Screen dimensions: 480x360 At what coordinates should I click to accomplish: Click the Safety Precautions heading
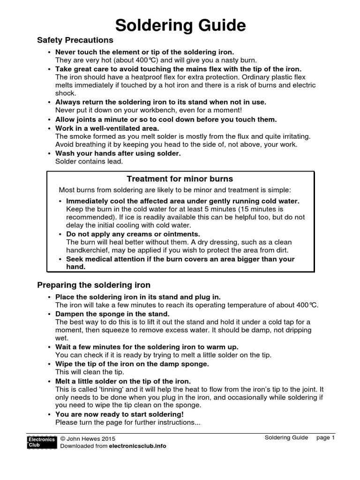pos(75,40)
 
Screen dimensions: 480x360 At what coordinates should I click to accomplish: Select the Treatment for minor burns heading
pos(180,179)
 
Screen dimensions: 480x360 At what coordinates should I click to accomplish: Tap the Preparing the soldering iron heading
pos(94,285)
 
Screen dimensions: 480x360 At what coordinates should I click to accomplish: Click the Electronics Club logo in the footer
pos(42,442)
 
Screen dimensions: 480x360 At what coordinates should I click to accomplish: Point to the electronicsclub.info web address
pos(137,446)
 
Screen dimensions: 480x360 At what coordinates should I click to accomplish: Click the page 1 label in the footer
pos(326,437)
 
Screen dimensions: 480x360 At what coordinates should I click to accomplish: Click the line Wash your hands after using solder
pos(118,153)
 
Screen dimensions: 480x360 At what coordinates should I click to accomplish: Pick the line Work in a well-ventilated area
pos(107,128)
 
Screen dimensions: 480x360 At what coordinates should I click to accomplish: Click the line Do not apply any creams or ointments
pos(133,234)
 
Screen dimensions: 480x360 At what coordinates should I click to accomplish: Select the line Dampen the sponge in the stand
pos(112,314)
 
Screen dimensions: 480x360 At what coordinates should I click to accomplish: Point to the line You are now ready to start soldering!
pos(120,414)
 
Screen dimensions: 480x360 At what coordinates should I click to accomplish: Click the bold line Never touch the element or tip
pos(144,52)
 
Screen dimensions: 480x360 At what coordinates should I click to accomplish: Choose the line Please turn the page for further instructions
pos(127,422)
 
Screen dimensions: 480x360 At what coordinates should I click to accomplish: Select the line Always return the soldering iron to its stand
pos(161,102)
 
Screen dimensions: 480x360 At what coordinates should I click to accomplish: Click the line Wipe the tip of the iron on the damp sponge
pos(132,364)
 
